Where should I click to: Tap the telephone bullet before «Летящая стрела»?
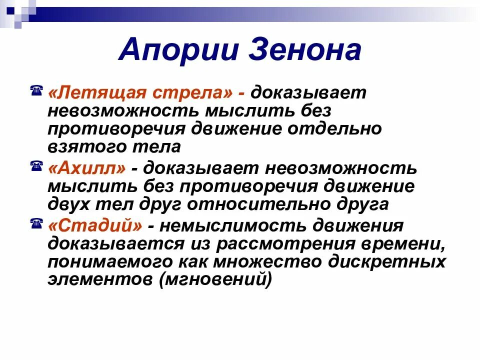click(x=36, y=91)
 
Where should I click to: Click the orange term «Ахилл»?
click(x=87, y=168)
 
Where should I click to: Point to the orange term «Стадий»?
click(x=95, y=226)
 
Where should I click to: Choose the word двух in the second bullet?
click(x=68, y=204)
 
